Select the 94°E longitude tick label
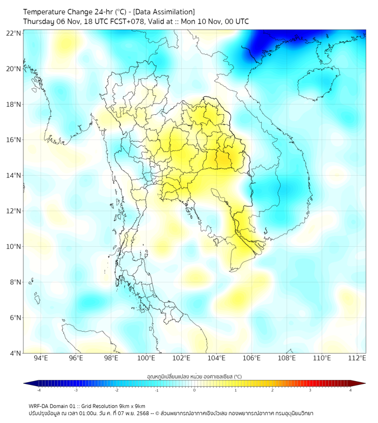tap(41, 358)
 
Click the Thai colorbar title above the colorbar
tap(194, 376)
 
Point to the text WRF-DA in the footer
tap(39, 406)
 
